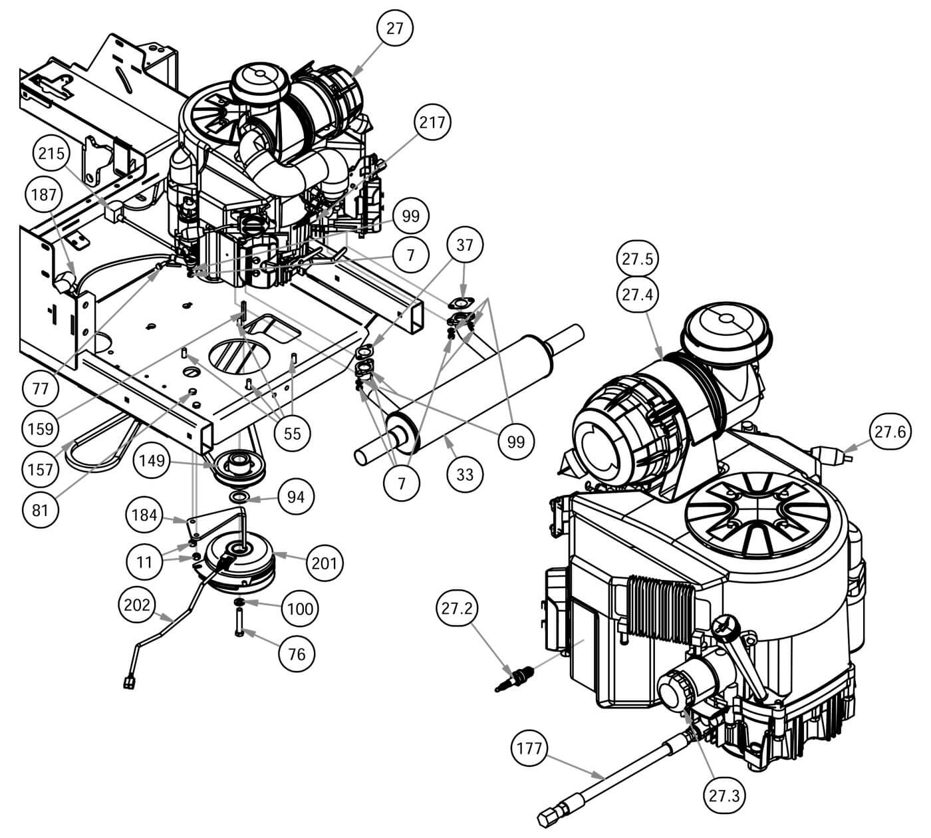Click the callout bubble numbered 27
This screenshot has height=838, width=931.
point(394,28)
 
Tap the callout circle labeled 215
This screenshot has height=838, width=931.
point(51,154)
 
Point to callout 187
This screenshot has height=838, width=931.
point(44,195)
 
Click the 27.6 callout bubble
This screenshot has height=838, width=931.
point(890,432)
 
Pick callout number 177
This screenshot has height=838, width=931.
point(530,750)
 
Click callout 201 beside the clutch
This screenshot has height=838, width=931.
point(324,563)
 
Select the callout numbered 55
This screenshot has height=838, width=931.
point(292,433)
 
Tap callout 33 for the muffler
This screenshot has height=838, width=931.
point(465,475)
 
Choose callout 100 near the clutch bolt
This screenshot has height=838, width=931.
point(299,608)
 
